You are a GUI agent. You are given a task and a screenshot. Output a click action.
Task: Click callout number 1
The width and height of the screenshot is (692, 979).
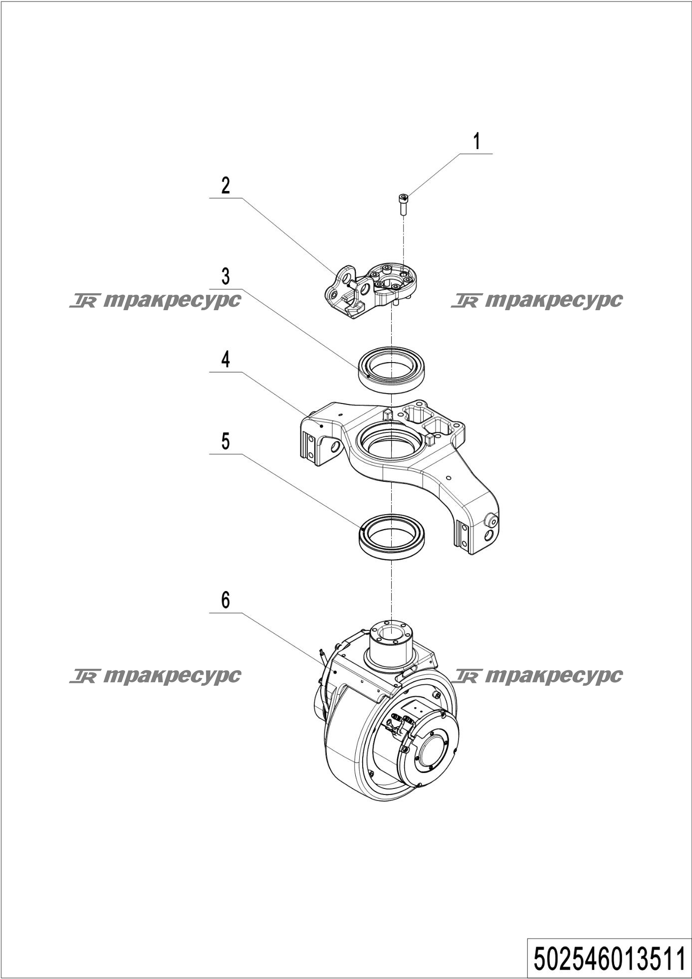[477, 142]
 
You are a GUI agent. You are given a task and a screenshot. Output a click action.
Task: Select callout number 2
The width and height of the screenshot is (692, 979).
[226, 186]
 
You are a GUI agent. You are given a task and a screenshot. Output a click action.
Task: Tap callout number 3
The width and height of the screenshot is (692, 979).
[226, 276]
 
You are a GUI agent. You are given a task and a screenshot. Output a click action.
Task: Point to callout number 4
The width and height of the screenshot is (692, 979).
[226, 359]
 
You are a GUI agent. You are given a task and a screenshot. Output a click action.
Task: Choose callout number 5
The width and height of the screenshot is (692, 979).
[226, 441]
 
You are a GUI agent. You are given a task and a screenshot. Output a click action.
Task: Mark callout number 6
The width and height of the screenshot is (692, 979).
[226, 600]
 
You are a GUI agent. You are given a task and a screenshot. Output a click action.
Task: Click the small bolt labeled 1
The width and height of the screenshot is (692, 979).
[403, 203]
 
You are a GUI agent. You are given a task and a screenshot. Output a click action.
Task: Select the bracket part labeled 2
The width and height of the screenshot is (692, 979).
[372, 289]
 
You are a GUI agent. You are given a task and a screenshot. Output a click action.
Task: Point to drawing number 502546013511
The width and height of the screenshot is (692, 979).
[609, 959]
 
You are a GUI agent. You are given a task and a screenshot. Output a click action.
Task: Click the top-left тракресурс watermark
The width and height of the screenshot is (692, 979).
[155, 300]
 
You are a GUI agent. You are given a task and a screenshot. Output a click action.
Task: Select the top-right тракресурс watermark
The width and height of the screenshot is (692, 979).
[537, 300]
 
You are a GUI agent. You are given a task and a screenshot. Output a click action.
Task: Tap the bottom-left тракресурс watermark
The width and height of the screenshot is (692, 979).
[155, 676]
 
